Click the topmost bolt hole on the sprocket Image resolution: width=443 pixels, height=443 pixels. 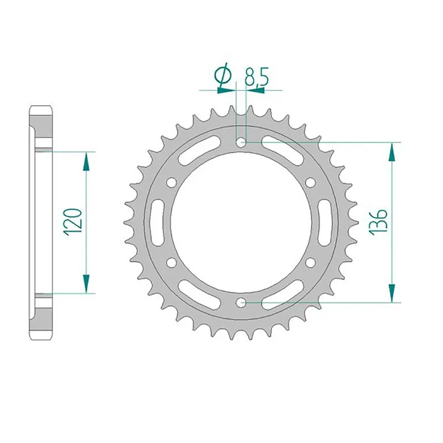(x=241, y=142)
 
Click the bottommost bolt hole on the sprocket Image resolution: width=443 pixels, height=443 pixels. (x=241, y=302)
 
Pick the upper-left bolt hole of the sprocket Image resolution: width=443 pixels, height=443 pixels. (x=172, y=182)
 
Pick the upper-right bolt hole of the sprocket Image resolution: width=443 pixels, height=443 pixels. (x=310, y=182)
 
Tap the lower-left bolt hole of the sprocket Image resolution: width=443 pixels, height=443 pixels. (x=172, y=262)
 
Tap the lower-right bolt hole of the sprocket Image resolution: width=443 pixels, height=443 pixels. (x=310, y=262)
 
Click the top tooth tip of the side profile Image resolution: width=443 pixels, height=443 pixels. (x=42, y=106)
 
